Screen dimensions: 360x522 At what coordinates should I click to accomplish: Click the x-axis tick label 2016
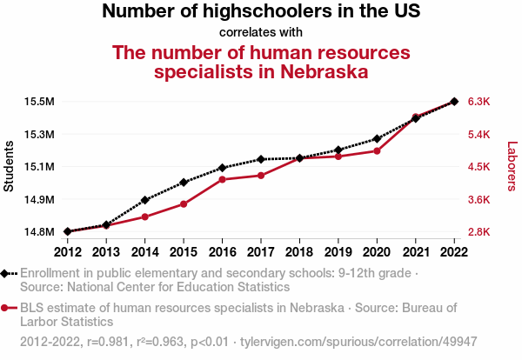point(222,252)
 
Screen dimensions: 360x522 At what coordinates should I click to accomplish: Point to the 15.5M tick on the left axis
point(40,102)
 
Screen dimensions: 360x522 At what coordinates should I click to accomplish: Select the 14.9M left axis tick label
point(40,200)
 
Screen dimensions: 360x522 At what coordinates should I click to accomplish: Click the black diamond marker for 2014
point(144,200)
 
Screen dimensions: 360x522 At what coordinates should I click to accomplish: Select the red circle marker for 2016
point(222,179)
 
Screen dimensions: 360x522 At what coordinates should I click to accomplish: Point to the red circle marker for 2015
point(184,203)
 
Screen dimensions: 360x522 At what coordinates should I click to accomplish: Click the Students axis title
point(10,166)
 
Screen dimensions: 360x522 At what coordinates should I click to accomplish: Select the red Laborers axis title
point(512,166)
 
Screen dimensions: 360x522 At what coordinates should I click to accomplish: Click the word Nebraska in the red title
point(317,71)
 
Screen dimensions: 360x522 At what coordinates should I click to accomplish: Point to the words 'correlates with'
point(261,33)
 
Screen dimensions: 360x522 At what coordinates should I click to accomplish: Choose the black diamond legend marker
point(7,273)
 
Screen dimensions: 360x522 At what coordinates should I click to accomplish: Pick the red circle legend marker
point(7,308)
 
